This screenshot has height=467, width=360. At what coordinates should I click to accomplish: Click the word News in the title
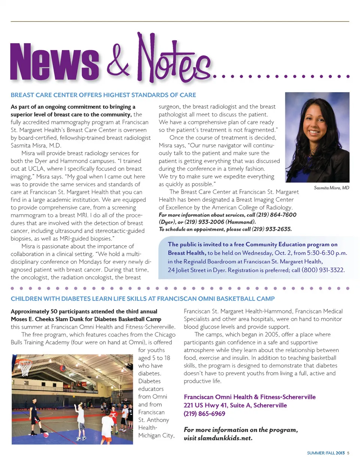click(55, 62)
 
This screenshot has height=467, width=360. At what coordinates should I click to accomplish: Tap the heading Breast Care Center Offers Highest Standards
click(103, 95)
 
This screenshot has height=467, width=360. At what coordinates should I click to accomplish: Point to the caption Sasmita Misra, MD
click(331, 188)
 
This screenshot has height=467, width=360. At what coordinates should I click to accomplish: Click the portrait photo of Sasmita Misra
click(317, 137)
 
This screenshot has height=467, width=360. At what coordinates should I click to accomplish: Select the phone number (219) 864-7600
click(276, 215)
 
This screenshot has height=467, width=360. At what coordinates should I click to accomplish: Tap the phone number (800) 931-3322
click(323, 270)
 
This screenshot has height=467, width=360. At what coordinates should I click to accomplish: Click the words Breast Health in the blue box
click(186, 253)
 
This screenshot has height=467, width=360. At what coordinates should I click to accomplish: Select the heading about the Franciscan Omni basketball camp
click(142, 299)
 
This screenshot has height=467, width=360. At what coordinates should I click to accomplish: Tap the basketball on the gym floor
click(46, 435)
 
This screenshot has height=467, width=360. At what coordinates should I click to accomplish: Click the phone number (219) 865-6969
click(204, 414)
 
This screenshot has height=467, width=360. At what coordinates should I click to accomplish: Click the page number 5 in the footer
click(348, 453)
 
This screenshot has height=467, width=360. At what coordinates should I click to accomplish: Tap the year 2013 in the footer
click(340, 453)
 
